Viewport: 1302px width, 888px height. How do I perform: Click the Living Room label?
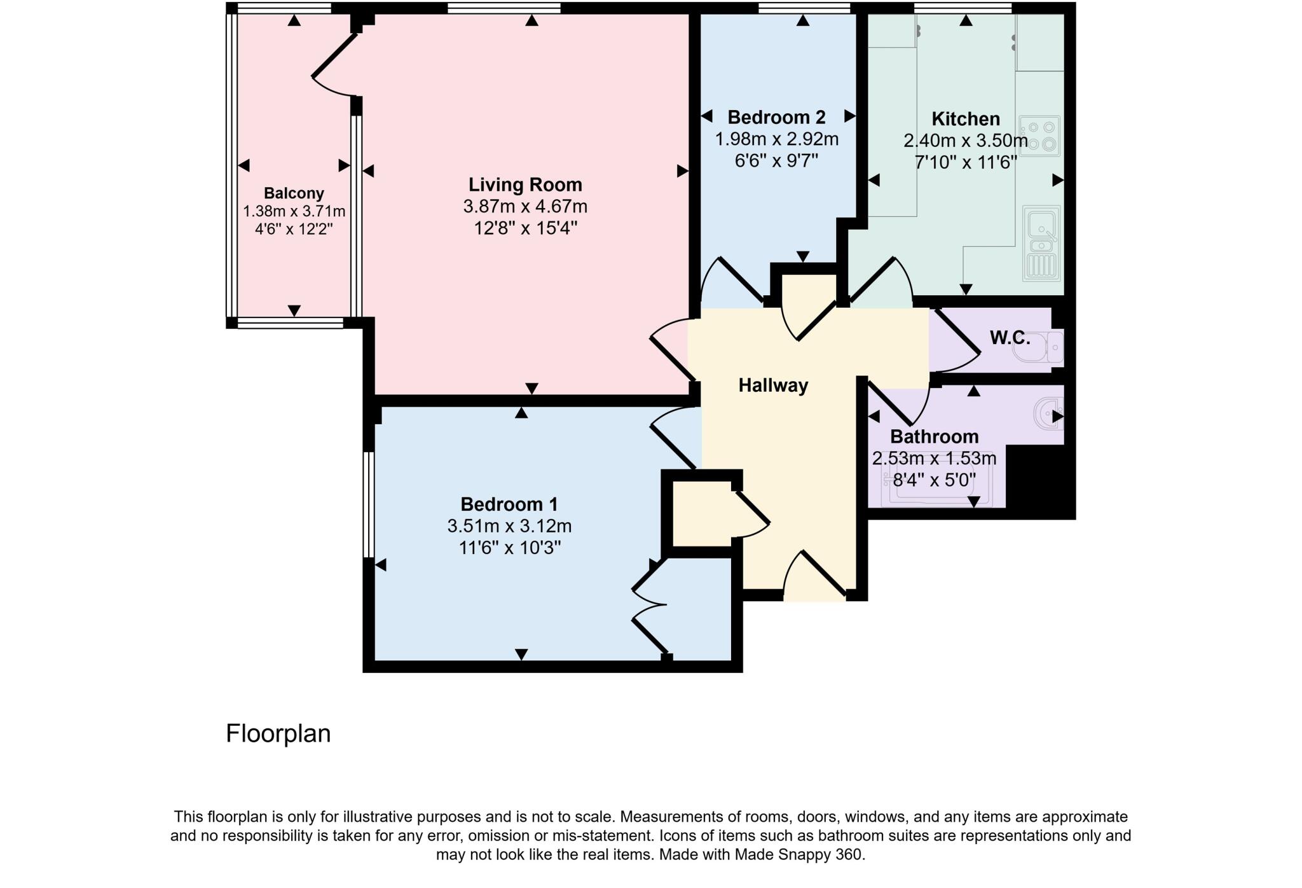pos(525,185)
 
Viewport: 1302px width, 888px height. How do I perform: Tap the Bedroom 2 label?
pos(776,118)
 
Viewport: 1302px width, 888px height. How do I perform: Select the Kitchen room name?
pos(965,119)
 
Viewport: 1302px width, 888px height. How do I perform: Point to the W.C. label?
pos(1010,338)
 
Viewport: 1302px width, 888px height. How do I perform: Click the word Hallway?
pos(773,385)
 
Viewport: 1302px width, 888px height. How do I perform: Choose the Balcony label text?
pos(294,193)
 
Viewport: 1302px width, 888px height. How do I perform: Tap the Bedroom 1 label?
pos(509,504)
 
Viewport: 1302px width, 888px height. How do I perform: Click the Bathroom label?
pos(934,437)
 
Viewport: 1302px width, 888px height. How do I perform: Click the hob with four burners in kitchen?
pos(1039,135)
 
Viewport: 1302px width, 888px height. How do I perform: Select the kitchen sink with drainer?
pos(1041,244)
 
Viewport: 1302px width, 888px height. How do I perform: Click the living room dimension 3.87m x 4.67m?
pos(525,207)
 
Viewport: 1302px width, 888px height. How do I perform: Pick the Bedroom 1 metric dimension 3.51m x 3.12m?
pos(509,527)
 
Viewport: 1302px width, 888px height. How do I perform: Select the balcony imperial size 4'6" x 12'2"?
pos(294,229)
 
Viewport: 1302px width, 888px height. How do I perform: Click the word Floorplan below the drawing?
pos(278,733)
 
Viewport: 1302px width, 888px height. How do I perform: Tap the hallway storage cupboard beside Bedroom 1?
pos(701,514)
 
